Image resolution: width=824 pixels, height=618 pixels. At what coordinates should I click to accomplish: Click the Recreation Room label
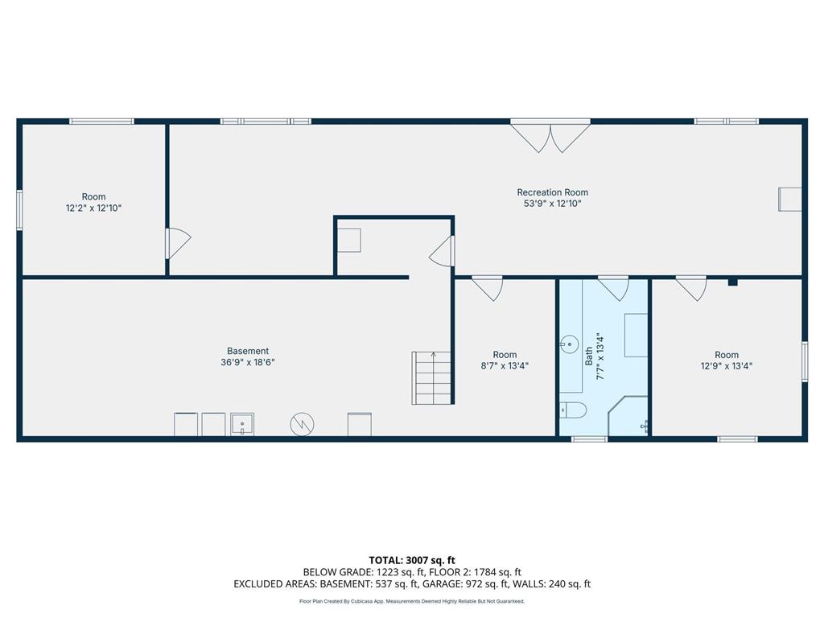pos(552,192)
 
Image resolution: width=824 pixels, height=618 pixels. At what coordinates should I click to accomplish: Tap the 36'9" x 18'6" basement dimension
pos(248,362)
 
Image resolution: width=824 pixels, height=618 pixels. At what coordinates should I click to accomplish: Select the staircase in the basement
pos(431,378)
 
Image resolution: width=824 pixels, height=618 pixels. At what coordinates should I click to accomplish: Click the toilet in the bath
pos(573,410)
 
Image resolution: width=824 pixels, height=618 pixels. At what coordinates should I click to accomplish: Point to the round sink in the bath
pos(569,344)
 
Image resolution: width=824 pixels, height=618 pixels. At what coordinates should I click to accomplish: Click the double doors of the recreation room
pos(550,136)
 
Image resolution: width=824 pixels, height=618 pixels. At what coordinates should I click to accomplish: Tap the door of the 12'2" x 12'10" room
pos(179,243)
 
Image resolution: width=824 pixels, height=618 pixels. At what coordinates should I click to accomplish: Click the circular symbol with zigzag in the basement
pos(303,424)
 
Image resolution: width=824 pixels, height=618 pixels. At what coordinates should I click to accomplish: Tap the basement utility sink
pos(242,424)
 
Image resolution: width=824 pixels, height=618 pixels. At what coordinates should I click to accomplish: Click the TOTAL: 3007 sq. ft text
pos(412,560)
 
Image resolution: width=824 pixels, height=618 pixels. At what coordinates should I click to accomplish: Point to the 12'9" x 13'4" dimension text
pos(727,366)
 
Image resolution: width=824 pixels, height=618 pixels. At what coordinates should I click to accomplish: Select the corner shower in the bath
pos(628,416)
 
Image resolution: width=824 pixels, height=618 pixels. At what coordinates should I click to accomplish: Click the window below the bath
pos(589,439)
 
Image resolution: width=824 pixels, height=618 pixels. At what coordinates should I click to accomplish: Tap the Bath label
pos(588,356)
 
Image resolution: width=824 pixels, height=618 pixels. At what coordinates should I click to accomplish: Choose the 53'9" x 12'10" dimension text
pos(552,204)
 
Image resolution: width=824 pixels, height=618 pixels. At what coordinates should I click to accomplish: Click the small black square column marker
pos(732,282)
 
